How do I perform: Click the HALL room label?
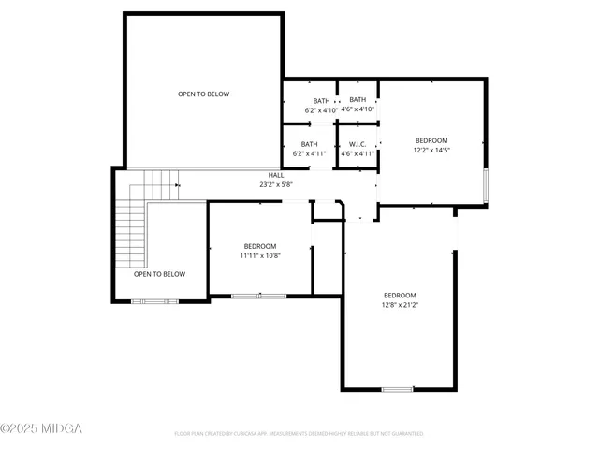pyautogui.click(x=276, y=175)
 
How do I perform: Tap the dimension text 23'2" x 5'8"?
pyautogui.click(x=276, y=184)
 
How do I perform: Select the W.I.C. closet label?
pyautogui.click(x=358, y=144)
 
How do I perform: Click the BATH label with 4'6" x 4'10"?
pyautogui.click(x=358, y=100)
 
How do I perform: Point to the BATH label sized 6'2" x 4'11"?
pyautogui.click(x=309, y=144)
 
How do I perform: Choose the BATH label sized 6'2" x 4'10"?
pyautogui.click(x=321, y=100)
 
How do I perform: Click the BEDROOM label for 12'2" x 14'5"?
pyautogui.click(x=431, y=140)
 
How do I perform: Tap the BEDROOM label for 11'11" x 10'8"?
pyautogui.click(x=259, y=246)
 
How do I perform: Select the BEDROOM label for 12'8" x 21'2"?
pyautogui.click(x=400, y=295)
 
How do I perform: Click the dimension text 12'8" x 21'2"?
pyautogui.click(x=400, y=304)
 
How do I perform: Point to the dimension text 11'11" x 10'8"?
pyautogui.click(x=259, y=255)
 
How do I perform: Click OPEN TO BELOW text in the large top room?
pyautogui.click(x=204, y=94)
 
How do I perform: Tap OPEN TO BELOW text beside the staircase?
pyautogui.click(x=159, y=274)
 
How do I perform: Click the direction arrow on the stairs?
pyautogui.click(x=175, y=184)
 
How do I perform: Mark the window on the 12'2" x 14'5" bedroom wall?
pyautogui.click(x=485, y=185)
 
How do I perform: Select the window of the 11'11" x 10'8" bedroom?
pyautogui.click(x=259, y=296)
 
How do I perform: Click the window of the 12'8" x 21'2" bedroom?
pyautogui.click(x=397, y=389)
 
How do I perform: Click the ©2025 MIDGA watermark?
pyautogui.click(x=41, y=428)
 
